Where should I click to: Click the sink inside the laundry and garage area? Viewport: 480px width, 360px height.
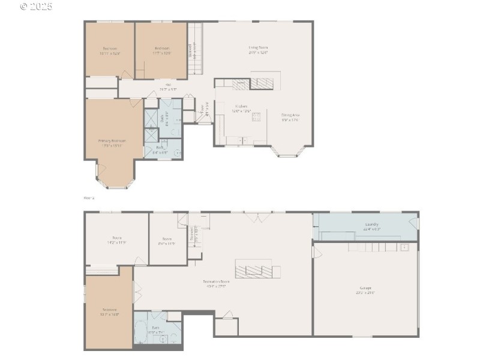(x=404, y=247)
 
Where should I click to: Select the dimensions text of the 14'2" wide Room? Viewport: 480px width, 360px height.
(x=116, y=242)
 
